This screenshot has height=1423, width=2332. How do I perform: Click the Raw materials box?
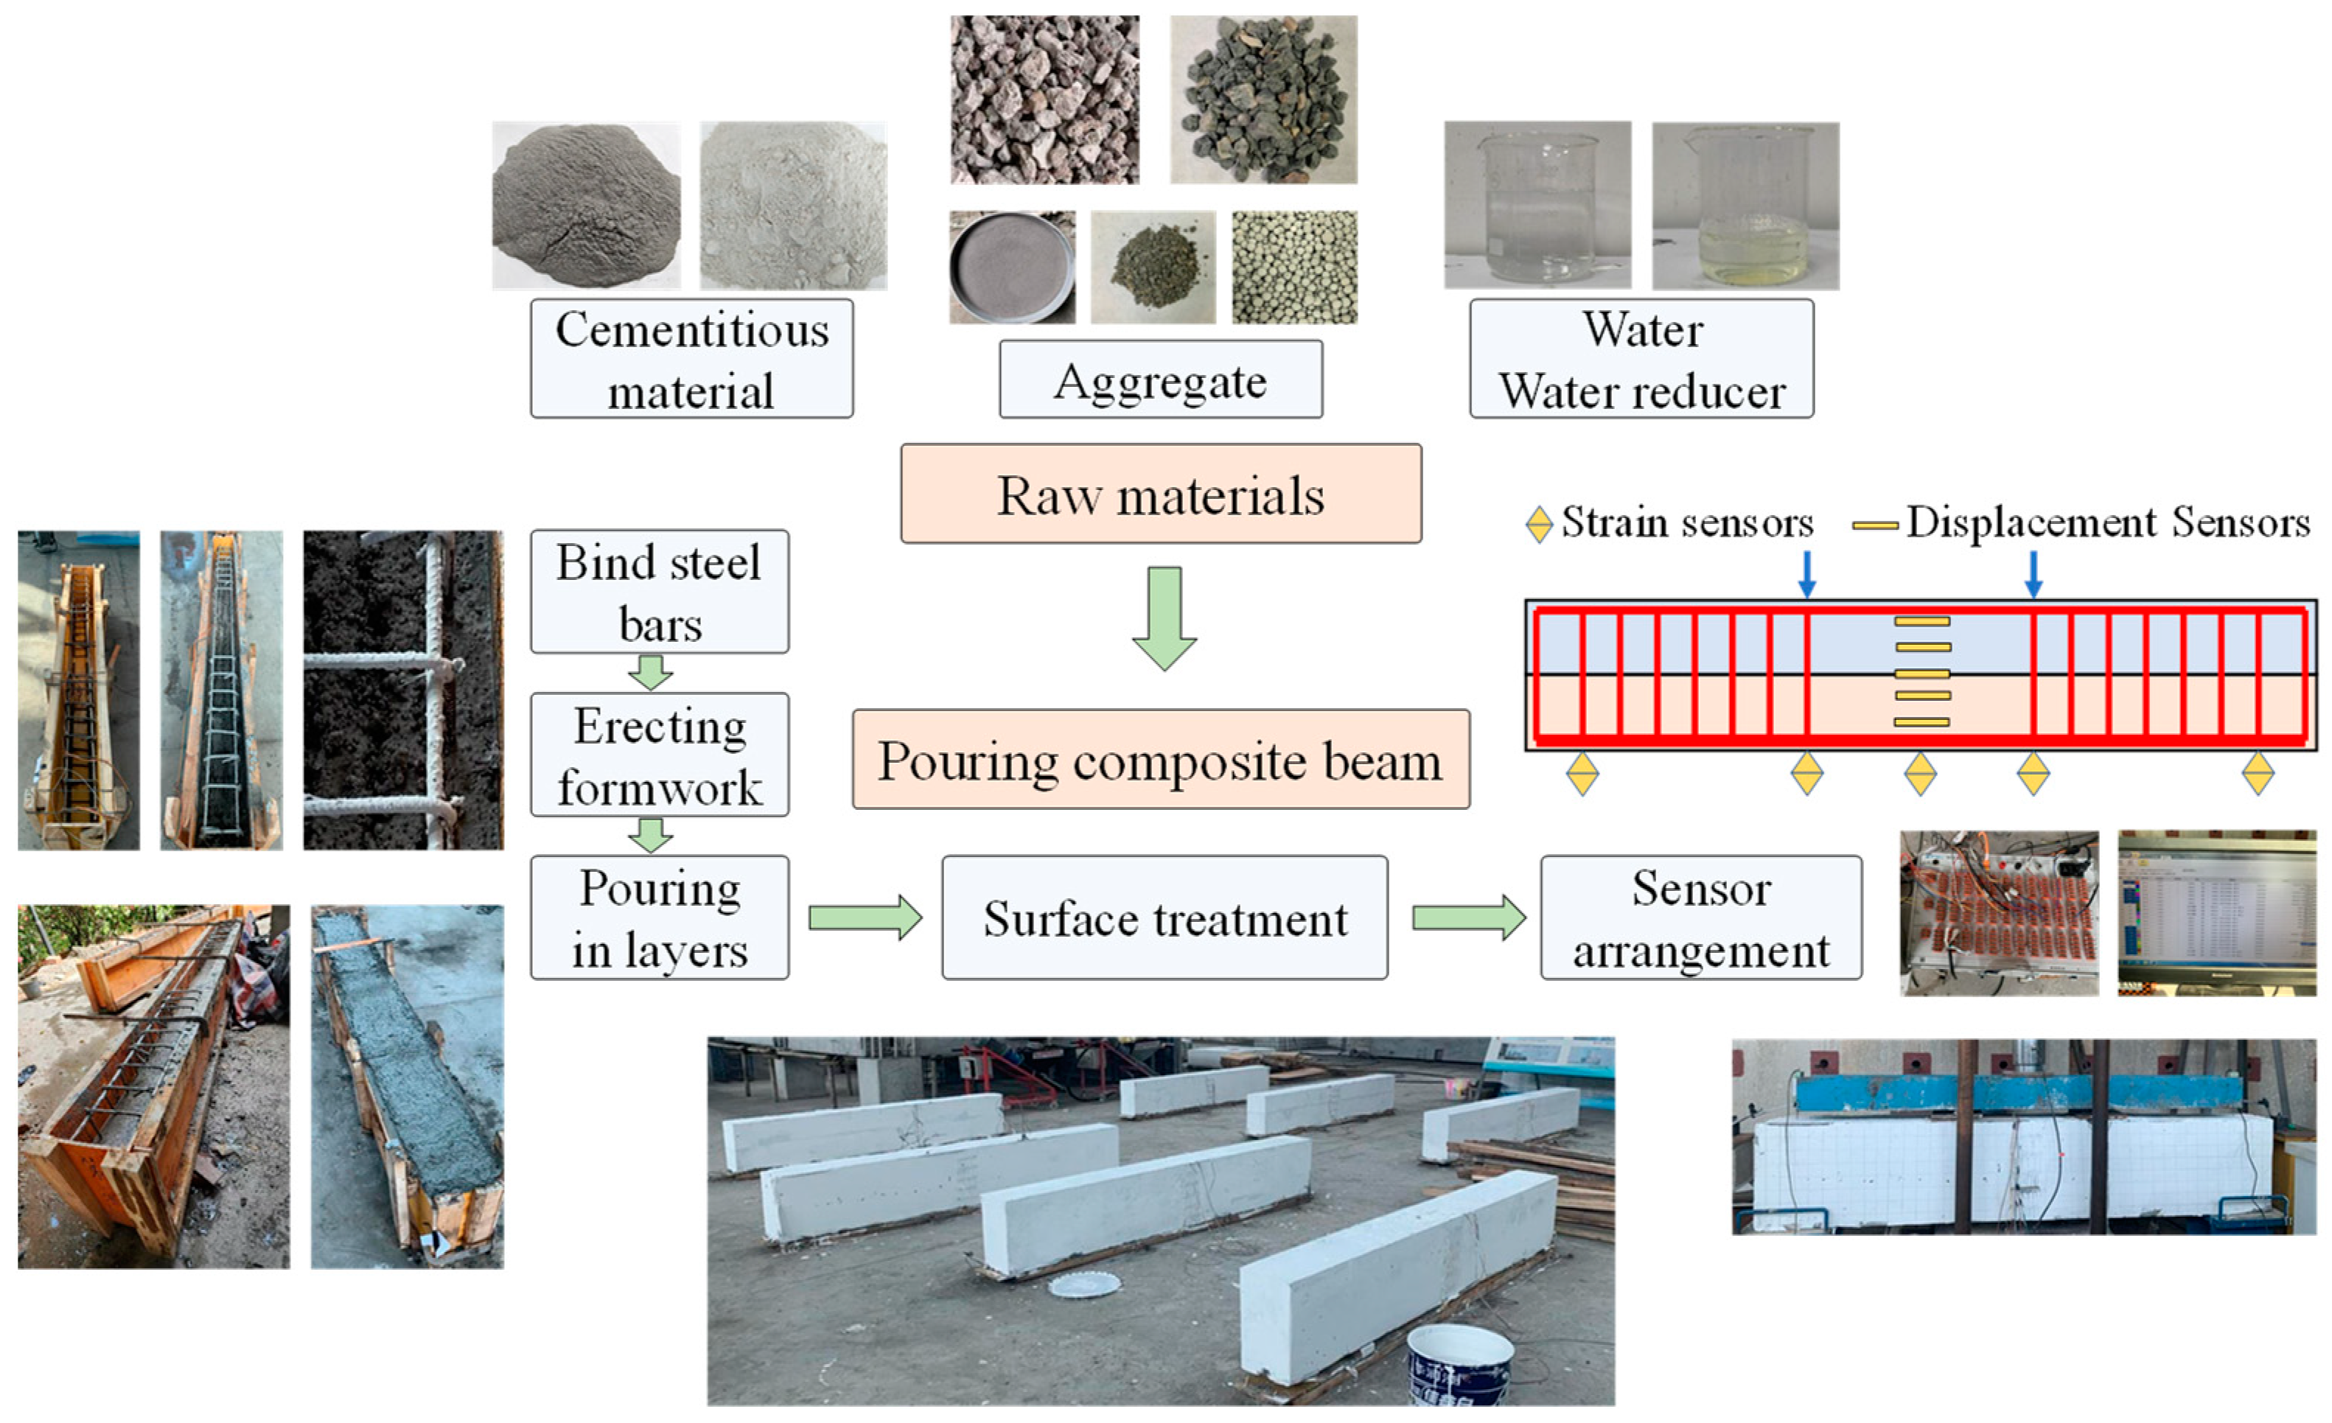[1160, 494]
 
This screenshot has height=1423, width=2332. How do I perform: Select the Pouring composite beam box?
[1160, 760]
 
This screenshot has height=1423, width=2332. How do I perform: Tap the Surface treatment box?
[1164, 917]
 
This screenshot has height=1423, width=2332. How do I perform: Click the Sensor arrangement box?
[1701, 917]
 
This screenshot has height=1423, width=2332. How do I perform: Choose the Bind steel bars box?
[659, 591]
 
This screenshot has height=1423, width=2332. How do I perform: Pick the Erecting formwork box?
[659, 755]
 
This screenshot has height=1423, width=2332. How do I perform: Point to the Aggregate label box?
[1160, 380]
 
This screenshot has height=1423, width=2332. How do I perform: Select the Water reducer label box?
[1641, 359]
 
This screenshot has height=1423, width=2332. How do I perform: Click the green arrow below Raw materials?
[1164, 618]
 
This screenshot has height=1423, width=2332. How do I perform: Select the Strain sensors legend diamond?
[1539, 524]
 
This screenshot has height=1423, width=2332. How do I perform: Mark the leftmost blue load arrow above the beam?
[1806, 573]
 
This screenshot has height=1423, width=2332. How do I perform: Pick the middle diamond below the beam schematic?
[1920, 774]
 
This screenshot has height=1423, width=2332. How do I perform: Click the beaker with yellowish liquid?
[1745, 206]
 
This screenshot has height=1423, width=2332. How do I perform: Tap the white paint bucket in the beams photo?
[1459, 1364]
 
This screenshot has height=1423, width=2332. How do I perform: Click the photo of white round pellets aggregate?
[1294, 267]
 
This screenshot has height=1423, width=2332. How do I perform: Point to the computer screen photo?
[2216, 912]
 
